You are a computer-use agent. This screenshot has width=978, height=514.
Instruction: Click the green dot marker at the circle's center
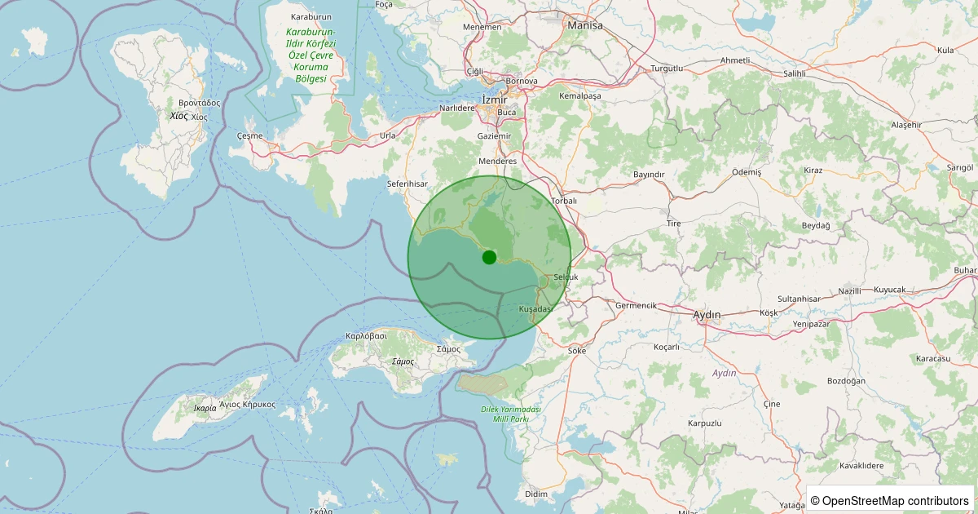pyautogui.click(x=489, y=257)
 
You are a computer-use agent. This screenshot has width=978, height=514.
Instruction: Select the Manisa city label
pyautogui.click(x=585, y=25)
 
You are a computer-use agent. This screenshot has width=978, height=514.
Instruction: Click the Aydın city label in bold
pyautogui.click(x=706, y=315)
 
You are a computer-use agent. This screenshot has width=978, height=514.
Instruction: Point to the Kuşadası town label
pyautogui.click(x=535, y=309)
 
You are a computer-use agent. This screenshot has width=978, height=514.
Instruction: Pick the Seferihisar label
pyautogui.click(x=407, y=184)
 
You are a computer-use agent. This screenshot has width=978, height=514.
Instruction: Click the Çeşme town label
pyautogui.click(x=249, y=135)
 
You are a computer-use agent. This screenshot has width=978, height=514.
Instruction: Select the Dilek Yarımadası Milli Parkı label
pyautogui.click(x=511, y=414)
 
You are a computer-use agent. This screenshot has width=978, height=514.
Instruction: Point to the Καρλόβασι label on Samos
pyautogui.click(x=366, y=335)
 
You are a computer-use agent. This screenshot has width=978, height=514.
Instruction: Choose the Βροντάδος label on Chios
pyautogui.click(x=200, y=103)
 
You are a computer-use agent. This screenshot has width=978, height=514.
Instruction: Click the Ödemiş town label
pyautogui.click(x=747, y=172)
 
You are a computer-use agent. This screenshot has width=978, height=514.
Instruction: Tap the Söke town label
pyautogui.click(x=577, y=350)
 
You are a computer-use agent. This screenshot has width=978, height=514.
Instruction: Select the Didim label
pyautogui.click(x=536, y=494)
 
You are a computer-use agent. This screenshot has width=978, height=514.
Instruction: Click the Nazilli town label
pyautogui.click(x=849, y=291)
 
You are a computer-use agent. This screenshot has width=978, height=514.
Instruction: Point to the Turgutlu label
pyautogui.click(x=667, y=69)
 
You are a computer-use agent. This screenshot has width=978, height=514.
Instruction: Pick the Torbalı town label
pyautogui.click(x=564, y=201)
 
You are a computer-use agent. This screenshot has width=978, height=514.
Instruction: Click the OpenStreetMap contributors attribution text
pyautogui.click(x=889, y=500)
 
